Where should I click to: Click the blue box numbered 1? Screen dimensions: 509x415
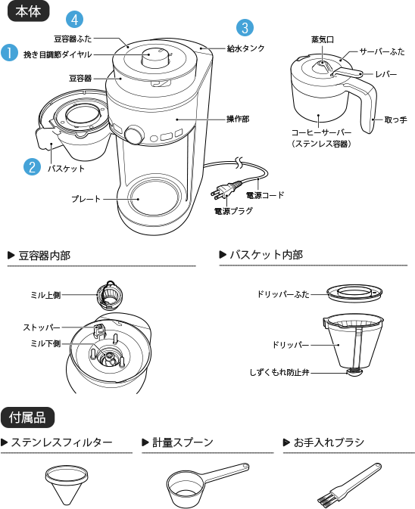point(9,53)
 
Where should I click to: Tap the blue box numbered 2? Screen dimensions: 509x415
point(32,167)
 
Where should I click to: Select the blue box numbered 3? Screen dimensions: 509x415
point(244,28)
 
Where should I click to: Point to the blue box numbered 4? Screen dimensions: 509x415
point(74,18)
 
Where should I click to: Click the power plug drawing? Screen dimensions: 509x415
point(226,191)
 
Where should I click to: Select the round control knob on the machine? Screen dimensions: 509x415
point(134,135)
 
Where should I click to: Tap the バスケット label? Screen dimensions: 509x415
point(66,169)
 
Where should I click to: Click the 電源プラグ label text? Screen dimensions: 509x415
point(233,211)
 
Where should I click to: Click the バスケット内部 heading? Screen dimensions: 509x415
point(266,255)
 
